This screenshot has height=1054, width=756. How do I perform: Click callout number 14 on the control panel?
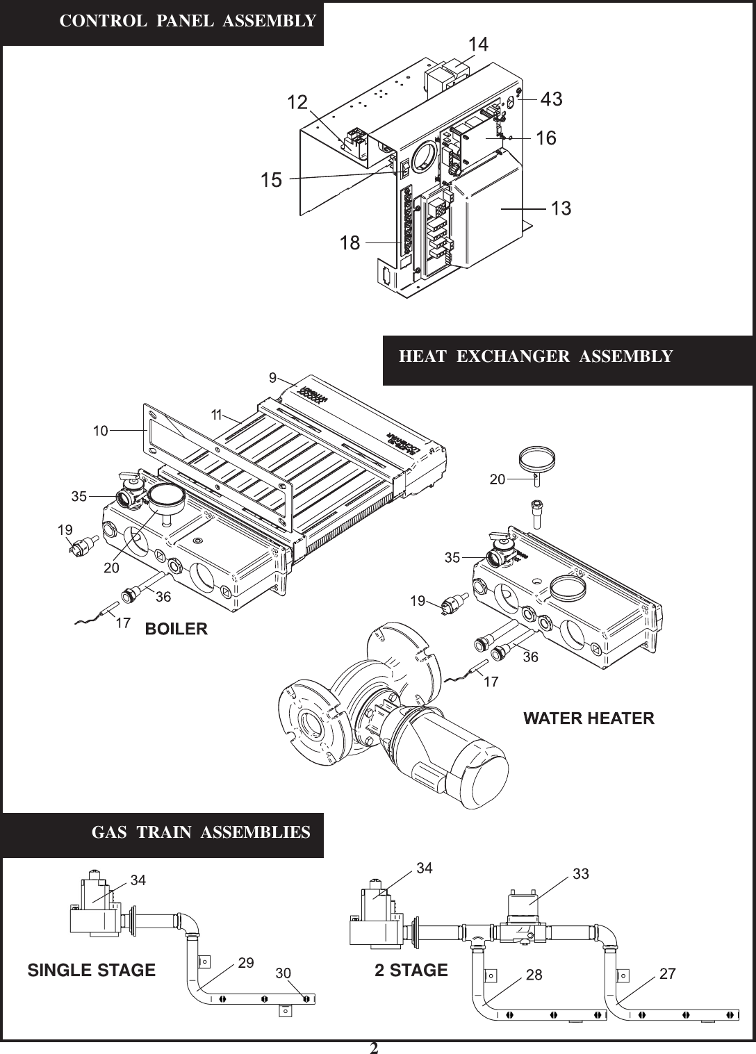478,44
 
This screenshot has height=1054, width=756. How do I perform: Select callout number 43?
551,100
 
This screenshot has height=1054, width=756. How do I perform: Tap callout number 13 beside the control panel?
561,208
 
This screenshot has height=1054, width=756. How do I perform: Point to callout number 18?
350,242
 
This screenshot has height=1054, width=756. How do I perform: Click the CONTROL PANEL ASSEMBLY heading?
188,21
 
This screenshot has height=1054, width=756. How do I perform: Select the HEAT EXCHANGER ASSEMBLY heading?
536,356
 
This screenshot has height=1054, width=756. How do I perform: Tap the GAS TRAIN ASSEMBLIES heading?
201,832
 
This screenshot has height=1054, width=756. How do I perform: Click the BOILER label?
176,629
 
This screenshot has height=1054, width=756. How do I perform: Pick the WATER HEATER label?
588,718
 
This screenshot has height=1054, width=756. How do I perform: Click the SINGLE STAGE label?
91,970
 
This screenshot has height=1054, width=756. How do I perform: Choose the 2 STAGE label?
411,970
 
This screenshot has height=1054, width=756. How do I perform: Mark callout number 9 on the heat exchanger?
273,377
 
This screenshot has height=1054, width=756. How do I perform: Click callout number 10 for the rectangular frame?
101,431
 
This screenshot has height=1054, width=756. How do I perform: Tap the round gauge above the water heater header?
538,459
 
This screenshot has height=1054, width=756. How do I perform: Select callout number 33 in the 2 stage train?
580,873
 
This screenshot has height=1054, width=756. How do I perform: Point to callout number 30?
283,973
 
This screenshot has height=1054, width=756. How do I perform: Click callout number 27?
667,973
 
